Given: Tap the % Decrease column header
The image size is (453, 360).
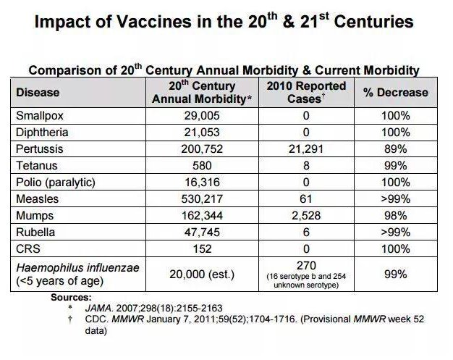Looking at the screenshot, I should (395, 93).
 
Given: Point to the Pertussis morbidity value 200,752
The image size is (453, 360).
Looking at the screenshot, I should (205, 148).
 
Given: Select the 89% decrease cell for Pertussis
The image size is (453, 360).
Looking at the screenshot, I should (396, 148).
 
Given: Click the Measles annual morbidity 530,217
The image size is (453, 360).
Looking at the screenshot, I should (205, 198).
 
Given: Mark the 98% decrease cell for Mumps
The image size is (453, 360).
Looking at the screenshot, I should (396, 215).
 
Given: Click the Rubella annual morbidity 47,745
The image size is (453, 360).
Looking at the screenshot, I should (205, 232).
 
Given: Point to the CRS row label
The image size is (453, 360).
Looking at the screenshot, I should (27, 248).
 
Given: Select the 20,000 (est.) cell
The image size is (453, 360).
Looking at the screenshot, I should (205, 275).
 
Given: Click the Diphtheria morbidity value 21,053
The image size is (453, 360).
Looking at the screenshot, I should (205, 132).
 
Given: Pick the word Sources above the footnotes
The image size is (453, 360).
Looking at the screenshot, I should (71, 297).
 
